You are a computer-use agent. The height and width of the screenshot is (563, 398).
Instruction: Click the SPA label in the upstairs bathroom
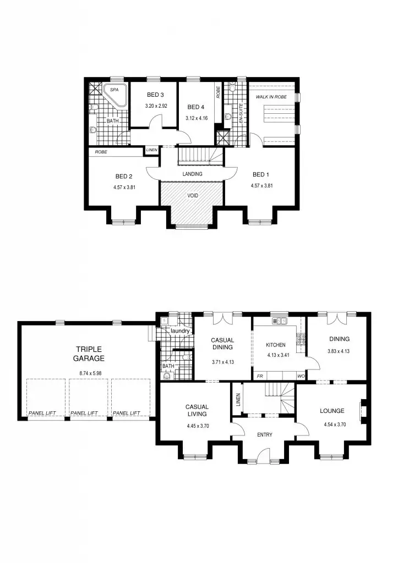tap(114, 89)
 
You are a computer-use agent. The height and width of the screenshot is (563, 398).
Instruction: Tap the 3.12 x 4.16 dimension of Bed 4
tap(196, 118)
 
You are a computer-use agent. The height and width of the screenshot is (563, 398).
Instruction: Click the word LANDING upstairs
tap(192, 174)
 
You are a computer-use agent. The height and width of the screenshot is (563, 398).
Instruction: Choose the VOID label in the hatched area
tap(192, 196)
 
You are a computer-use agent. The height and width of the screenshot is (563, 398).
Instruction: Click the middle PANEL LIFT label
tap(84, 413)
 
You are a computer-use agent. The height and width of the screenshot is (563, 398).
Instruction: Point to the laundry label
tap(180, 332)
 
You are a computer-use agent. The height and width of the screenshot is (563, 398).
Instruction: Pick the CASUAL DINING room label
tap(222, 344)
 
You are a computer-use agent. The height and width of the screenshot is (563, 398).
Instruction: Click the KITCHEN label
tap(276, 345)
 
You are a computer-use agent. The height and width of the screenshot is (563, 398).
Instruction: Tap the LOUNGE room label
tap(332, 411)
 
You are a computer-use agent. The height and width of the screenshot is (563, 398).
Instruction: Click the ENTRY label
tap(265, 435)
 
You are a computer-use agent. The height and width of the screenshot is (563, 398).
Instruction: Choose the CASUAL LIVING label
tap(197, 410)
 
